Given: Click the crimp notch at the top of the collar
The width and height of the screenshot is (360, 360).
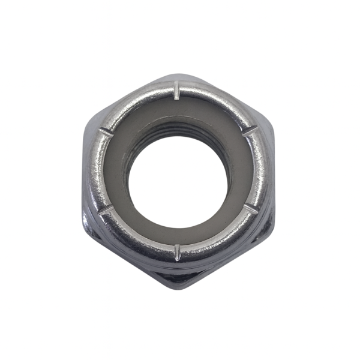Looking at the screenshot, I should pos(178,91).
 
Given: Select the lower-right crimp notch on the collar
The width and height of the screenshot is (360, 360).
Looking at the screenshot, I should pos(250,210).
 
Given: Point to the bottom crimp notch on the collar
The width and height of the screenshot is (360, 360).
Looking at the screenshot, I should pos(178,251).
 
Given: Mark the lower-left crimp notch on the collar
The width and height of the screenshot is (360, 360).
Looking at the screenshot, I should pos(107,210).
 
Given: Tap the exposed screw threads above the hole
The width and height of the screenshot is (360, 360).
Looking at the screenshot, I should pos(178,129).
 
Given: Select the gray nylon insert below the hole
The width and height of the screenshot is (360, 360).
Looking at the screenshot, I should pos(178,236).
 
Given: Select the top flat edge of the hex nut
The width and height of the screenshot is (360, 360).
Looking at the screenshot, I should pos(178,79).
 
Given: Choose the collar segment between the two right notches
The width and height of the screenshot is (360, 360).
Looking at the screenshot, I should pos(262,171).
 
